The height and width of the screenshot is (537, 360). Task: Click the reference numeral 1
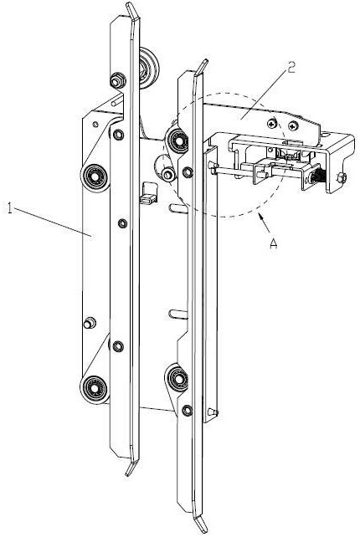point(9,208)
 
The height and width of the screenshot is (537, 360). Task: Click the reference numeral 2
point(291,68)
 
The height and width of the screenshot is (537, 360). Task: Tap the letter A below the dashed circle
point(273,243)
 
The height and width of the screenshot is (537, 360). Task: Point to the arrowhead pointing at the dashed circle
point(261,217)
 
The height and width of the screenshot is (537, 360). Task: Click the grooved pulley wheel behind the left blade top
point(149,69)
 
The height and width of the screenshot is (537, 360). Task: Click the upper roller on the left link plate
point(95,177)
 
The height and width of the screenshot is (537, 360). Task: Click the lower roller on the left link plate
point(94,389)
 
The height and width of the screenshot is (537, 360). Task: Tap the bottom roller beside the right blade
point(177,379)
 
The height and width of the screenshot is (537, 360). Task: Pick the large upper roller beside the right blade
point(177,141)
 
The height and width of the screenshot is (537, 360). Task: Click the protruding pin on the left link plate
point(90,323)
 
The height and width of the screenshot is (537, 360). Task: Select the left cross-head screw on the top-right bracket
point(272,123)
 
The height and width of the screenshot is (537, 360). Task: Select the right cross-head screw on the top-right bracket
point(293,125)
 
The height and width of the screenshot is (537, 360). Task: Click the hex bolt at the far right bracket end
point(342,177)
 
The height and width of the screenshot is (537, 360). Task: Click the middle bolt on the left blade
point(122,223)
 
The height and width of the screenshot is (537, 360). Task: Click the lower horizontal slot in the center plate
point(178,314)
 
